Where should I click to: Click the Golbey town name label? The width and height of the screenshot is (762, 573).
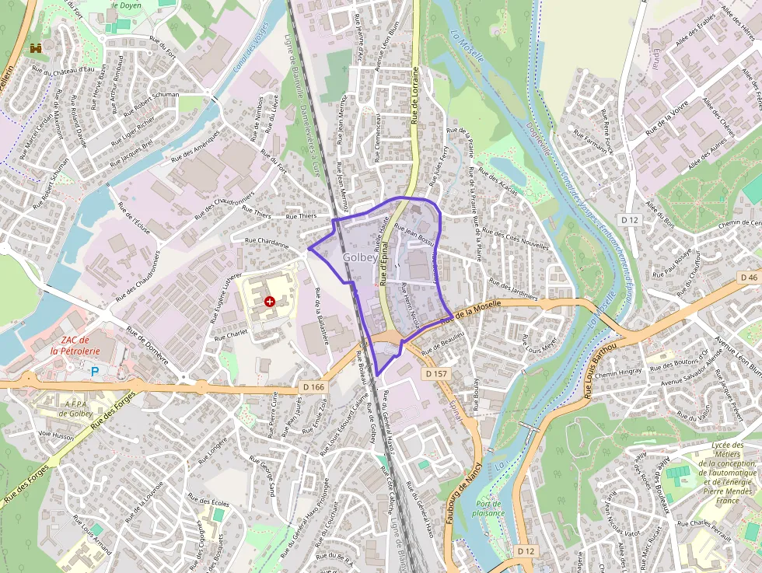[x=360, y=257]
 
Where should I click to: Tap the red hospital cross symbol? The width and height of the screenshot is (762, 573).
[x=270, y=301]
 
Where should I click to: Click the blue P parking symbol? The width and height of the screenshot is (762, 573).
[x=95, y=372]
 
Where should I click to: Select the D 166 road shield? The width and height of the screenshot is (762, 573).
[x=313, y=386]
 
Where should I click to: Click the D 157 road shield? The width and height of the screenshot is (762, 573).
[x=437, y=374]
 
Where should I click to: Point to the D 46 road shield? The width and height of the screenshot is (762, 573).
[x=749, y=278]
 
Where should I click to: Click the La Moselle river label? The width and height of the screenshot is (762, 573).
[x=467, y=45]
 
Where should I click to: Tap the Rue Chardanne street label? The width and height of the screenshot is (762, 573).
[x=267, y=243]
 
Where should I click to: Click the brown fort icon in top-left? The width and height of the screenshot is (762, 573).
[x=36, y=48]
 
